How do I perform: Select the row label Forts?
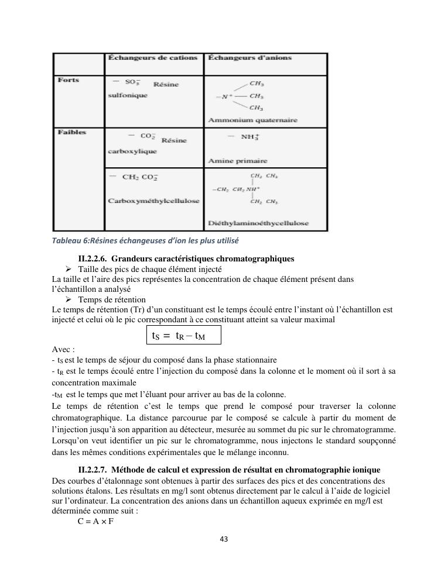click(x=69, y=80)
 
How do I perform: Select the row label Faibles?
click(x=71, y=132)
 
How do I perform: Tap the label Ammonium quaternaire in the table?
click(x=252, y=120)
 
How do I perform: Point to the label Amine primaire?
click(x=238, y=160)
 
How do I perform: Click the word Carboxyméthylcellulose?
click(x=153, y=201)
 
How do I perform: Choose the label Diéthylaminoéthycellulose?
click(x=258, y=223)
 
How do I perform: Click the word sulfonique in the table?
click(x=128, y=95)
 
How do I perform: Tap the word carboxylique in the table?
click(x=132, y=151)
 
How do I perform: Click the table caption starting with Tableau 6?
click(x=145, y=240)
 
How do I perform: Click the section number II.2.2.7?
click(x=92, y=470)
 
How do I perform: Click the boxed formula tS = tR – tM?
click(x=183, y=336)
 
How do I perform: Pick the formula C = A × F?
click(x=95, y=521)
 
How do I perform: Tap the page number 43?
click(x=224, y=539)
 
